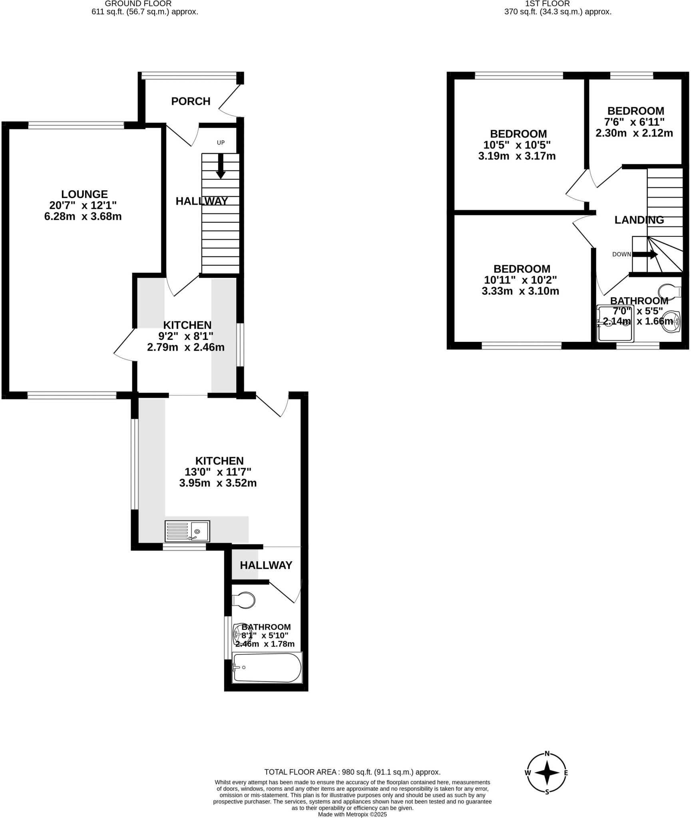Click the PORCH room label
pos(191,101)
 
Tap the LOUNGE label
pos(84,194)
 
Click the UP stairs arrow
pos(220,166)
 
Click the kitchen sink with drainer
pos(187,531)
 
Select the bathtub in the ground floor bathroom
pos(267,667)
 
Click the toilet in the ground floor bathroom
pos(244,600)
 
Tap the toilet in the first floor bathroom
pos(670,292)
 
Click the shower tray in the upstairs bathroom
pos(615,324)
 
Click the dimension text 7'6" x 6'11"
pos(634,122)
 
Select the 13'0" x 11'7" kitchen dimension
pos(218,472)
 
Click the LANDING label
pos(639,220)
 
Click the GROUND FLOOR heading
pos(138,4)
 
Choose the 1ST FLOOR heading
pos(547,4)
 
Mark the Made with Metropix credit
pos(352,814)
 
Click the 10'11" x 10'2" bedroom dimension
pos(520,280)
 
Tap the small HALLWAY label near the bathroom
pos(266,565)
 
